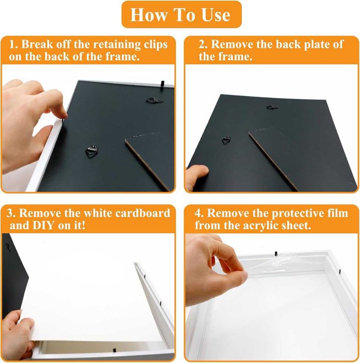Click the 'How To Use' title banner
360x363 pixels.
pyautogui.click(x=182, y=15)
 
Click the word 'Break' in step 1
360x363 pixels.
pyautogui.click(x=37, y=44)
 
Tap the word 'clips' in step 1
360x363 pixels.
pyautogui.click(x=156, y=45)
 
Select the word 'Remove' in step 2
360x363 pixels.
pyautogui.click(x=232, y=44)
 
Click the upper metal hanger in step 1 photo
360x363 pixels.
pyautogui.click(x=154, y=101)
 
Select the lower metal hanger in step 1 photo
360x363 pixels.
pyautogui.click(x=92, y=151)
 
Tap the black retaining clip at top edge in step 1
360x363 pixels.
pyautogui.click(x=162, y=83)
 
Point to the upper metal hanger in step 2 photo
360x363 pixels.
pyautogui.click(x=272, y=107)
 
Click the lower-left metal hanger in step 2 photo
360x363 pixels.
pyautogui.click(x=227, y=140)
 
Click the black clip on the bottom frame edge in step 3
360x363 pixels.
pyautogui.click(x=114, y=350)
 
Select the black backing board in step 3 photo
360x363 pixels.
pyautogui.click(x=13, y=275)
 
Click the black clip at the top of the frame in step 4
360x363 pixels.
pyautogui.click(x=276, y=254)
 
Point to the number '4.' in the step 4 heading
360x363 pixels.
pyautogui.click(x=199, y=213)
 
